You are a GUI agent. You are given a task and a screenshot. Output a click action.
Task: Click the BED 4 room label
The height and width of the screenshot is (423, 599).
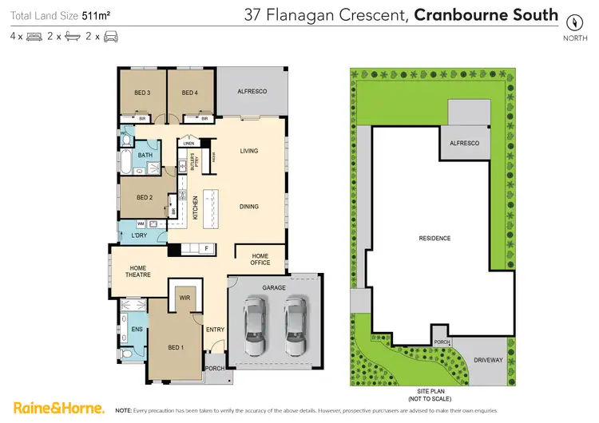(189, 93)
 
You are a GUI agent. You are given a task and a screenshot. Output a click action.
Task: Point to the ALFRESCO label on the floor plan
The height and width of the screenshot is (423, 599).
(252, 93)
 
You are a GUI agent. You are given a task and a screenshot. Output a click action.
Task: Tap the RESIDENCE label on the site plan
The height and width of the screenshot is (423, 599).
(435, 238)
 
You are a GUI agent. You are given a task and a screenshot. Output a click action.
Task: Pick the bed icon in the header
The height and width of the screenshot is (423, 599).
(34, 37)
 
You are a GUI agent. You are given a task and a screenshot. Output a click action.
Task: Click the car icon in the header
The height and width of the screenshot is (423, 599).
(111, 37)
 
